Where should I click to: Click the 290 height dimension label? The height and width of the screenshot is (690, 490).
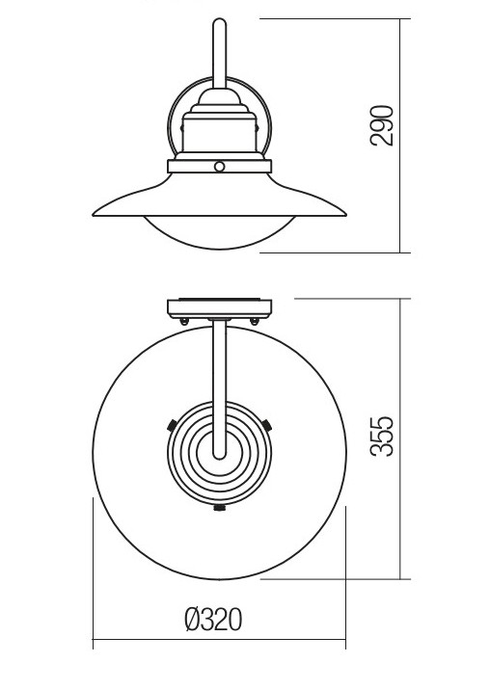click(x=382, y=125)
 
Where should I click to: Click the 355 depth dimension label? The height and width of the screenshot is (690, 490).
click(x=382, y=437)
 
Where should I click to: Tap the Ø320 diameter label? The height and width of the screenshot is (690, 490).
click(x=213, y=620)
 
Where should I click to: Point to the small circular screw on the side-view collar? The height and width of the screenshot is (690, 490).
click(x=219, y=167)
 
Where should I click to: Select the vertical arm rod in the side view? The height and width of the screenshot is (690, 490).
click(x=220, y=53)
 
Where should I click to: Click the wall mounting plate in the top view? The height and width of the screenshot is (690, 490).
click(x=220, y=308)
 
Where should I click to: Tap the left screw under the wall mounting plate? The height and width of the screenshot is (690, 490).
click(x=184, y=322)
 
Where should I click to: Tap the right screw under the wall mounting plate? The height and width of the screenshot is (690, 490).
click(x=255, y=322)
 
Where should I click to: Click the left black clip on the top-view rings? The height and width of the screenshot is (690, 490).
click(x=172, y=425)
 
